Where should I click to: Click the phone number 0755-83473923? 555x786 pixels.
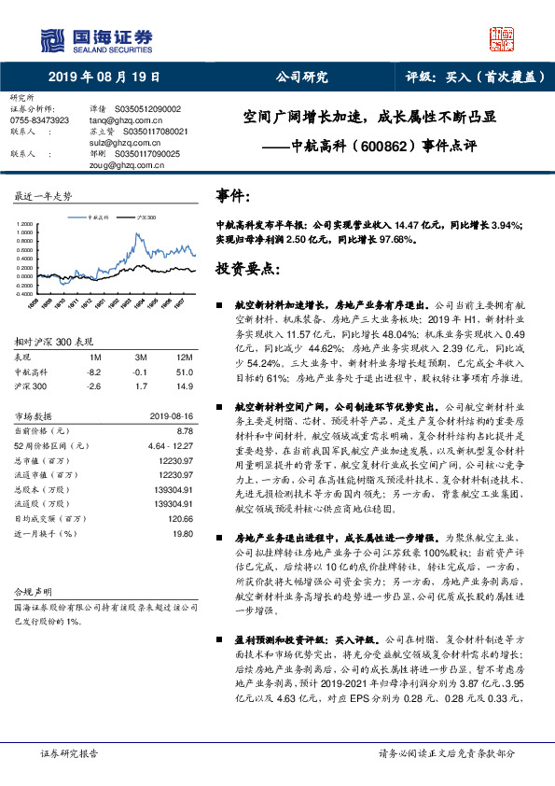point(39,120)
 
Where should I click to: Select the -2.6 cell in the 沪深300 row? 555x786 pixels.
point(94,385)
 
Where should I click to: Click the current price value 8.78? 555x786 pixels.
point(185,431)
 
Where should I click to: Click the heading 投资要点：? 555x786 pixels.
point(248,269)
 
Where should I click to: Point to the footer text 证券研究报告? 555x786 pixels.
point(70,752)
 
